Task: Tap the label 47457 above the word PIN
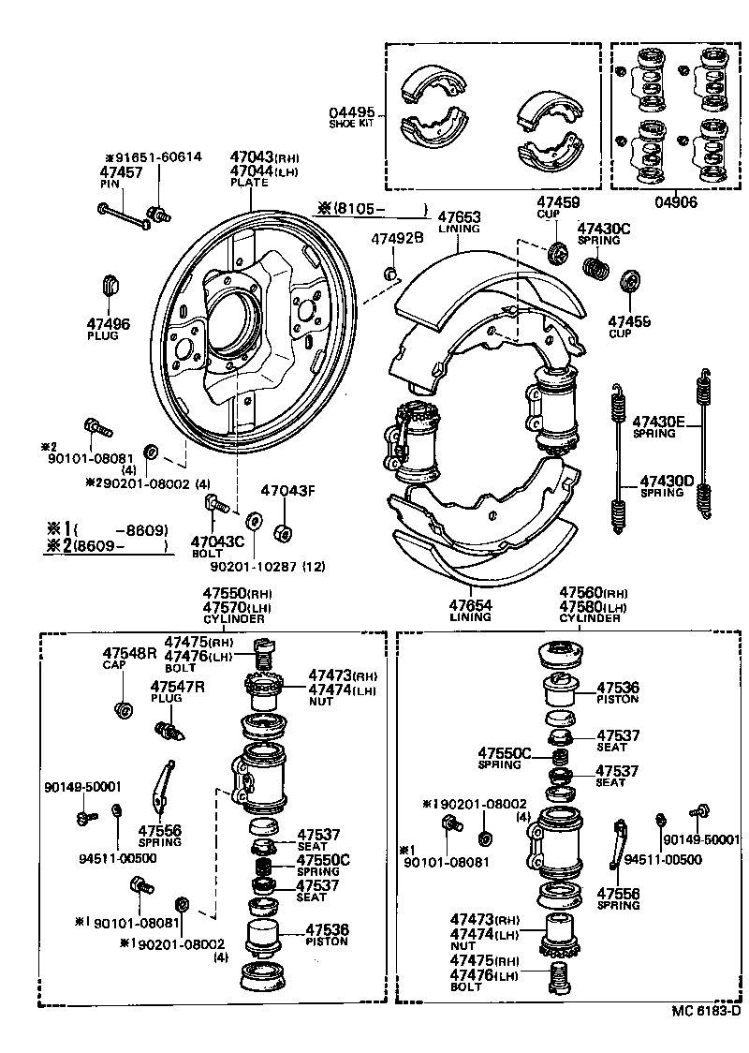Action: [121, 172]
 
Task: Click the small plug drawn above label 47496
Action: [110, 283]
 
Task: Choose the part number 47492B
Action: [398, 238]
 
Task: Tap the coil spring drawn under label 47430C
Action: [595, 268]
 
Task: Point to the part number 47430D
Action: [667, 482]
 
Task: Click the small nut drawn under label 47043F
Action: [280, 534]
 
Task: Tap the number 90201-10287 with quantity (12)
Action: [244, 567]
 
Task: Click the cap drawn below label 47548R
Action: [121, 708]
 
